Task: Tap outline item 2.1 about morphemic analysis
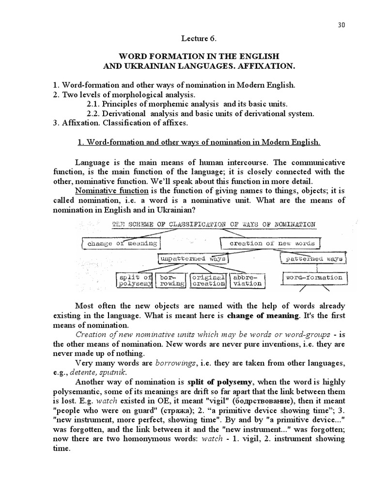coord(186,104)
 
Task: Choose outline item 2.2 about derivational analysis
coord(201,113)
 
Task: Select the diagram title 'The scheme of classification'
coord(213,224)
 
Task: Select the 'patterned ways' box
coord(313,259)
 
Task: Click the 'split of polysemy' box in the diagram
coord(135,280)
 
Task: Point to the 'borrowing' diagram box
coord(172,280)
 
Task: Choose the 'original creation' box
coord(208,280)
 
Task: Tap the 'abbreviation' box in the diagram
coord(247,280)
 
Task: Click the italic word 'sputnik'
coord(114,372)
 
